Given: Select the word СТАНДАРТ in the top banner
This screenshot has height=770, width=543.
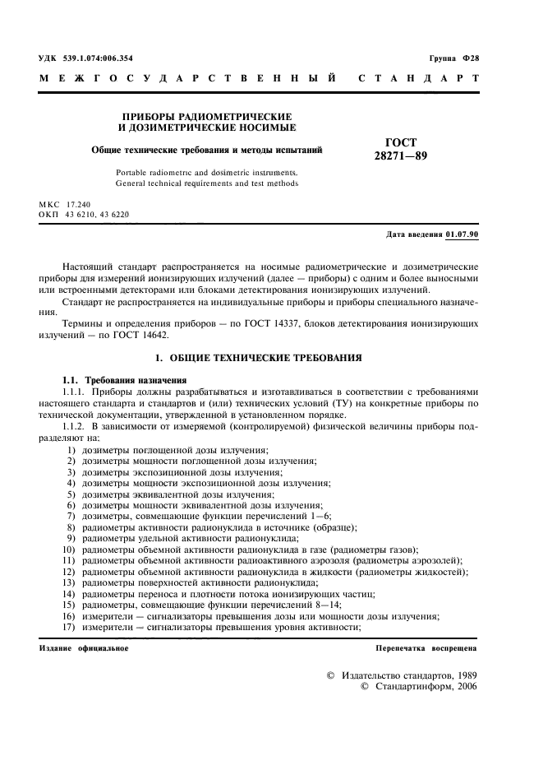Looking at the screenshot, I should click(x=419, y=80).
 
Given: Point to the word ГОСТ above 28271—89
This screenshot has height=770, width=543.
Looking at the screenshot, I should click(x=402, y=142).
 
